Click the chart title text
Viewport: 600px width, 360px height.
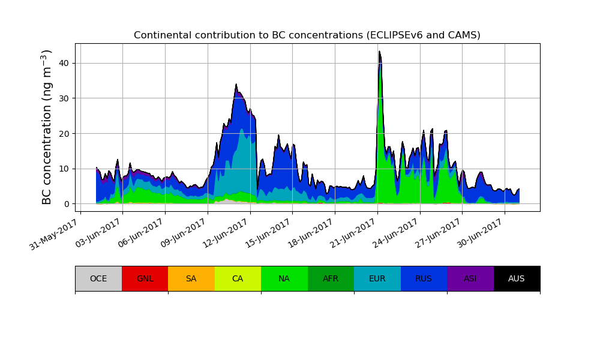point(307,35)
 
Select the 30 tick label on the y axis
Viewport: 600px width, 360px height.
point(64,98)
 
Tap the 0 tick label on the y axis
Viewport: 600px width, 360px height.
point(66,204)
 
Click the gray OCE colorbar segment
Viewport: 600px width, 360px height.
point(98,278)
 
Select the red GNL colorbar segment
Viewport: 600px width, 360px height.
point(145,278)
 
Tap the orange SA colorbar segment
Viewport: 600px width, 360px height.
point(191,278)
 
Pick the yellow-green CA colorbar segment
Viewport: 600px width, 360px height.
point(238,278)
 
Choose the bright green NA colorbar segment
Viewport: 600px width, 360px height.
point(284,278)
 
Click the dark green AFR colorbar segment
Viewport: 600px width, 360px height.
point(331,278)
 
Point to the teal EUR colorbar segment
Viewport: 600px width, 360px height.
point(377,278)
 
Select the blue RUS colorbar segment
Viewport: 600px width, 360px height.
point(424,278)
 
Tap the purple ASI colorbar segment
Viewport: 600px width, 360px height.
point(470,278)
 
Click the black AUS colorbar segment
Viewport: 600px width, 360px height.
point(517,278)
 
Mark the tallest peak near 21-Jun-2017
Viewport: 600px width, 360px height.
point(379,52)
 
